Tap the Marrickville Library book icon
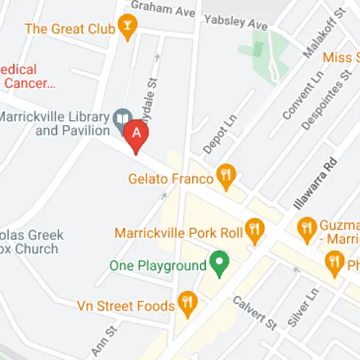click(x=122, y=117)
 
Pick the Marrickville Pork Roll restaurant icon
click(x=253, y=230)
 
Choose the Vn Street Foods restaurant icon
click(x=187, y=303)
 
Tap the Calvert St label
click(x=254, y=311)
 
